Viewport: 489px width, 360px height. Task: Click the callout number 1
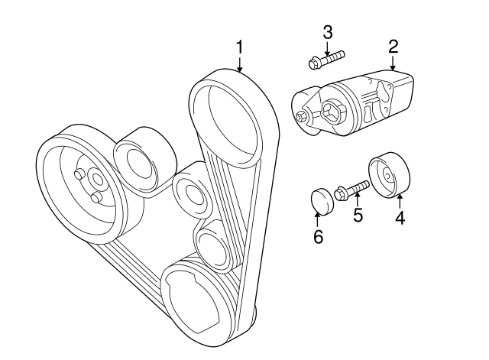click(239, 47)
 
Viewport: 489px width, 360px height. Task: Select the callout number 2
click(393, 46)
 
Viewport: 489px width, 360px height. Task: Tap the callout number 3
click(327, 32)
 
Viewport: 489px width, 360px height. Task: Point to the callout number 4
click(399, 219)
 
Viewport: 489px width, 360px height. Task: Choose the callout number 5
click(357, 215)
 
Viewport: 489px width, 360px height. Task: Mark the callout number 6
click(319, 236)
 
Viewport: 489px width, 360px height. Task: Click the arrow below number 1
click(239, 65)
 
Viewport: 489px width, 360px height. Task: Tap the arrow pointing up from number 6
click(319, 219)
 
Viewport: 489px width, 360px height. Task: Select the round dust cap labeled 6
click(322, 199)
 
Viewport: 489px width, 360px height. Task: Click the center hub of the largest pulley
click(95, 181)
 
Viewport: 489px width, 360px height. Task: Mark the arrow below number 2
click(393, 64)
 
